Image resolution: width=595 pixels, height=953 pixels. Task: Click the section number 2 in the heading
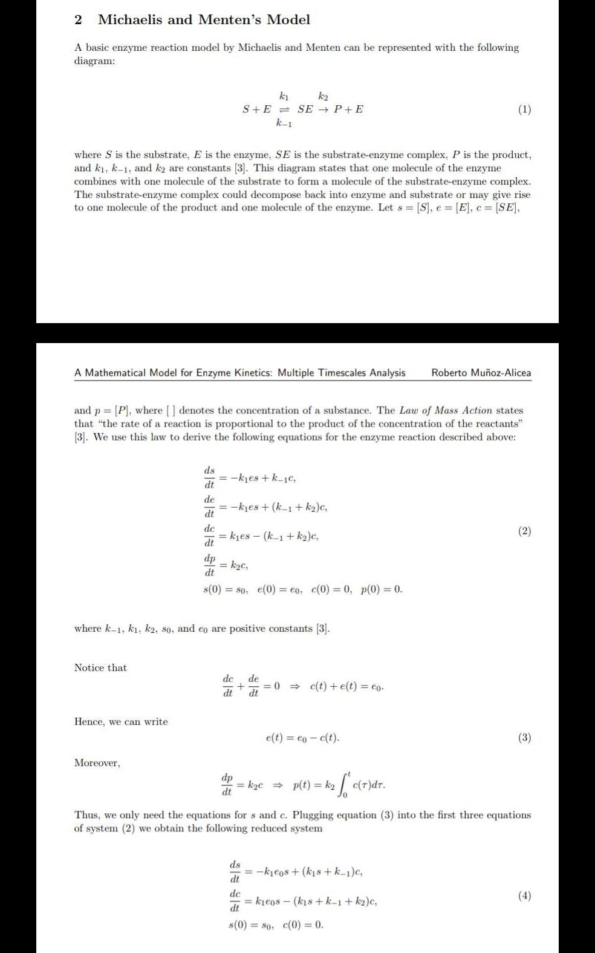click(x=78, y=20)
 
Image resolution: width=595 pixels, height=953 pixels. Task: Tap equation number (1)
click(x=524, y=110)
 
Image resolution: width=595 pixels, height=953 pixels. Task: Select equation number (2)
click(x=524, y=531)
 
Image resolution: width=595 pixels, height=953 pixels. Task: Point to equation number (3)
click(x=524, y=738)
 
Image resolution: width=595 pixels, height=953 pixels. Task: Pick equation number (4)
click(x=524, y=896)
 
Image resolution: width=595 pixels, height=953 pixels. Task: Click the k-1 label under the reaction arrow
click(x=284, y=124)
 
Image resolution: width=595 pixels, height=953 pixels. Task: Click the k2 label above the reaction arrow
click(x=324, y=96)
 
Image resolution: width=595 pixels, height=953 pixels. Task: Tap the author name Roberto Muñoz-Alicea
click(x=481, y=373)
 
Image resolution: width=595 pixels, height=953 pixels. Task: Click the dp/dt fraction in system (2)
click(x=210, y=565)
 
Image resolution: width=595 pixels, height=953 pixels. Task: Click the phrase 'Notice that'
click(x=100, y=667)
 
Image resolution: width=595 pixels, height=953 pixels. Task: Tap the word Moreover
click(x=97, y=763)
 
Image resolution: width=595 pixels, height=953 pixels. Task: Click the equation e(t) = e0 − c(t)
click(x=302, y=738)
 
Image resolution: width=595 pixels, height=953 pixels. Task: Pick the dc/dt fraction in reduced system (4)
click(x=235, y=900)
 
